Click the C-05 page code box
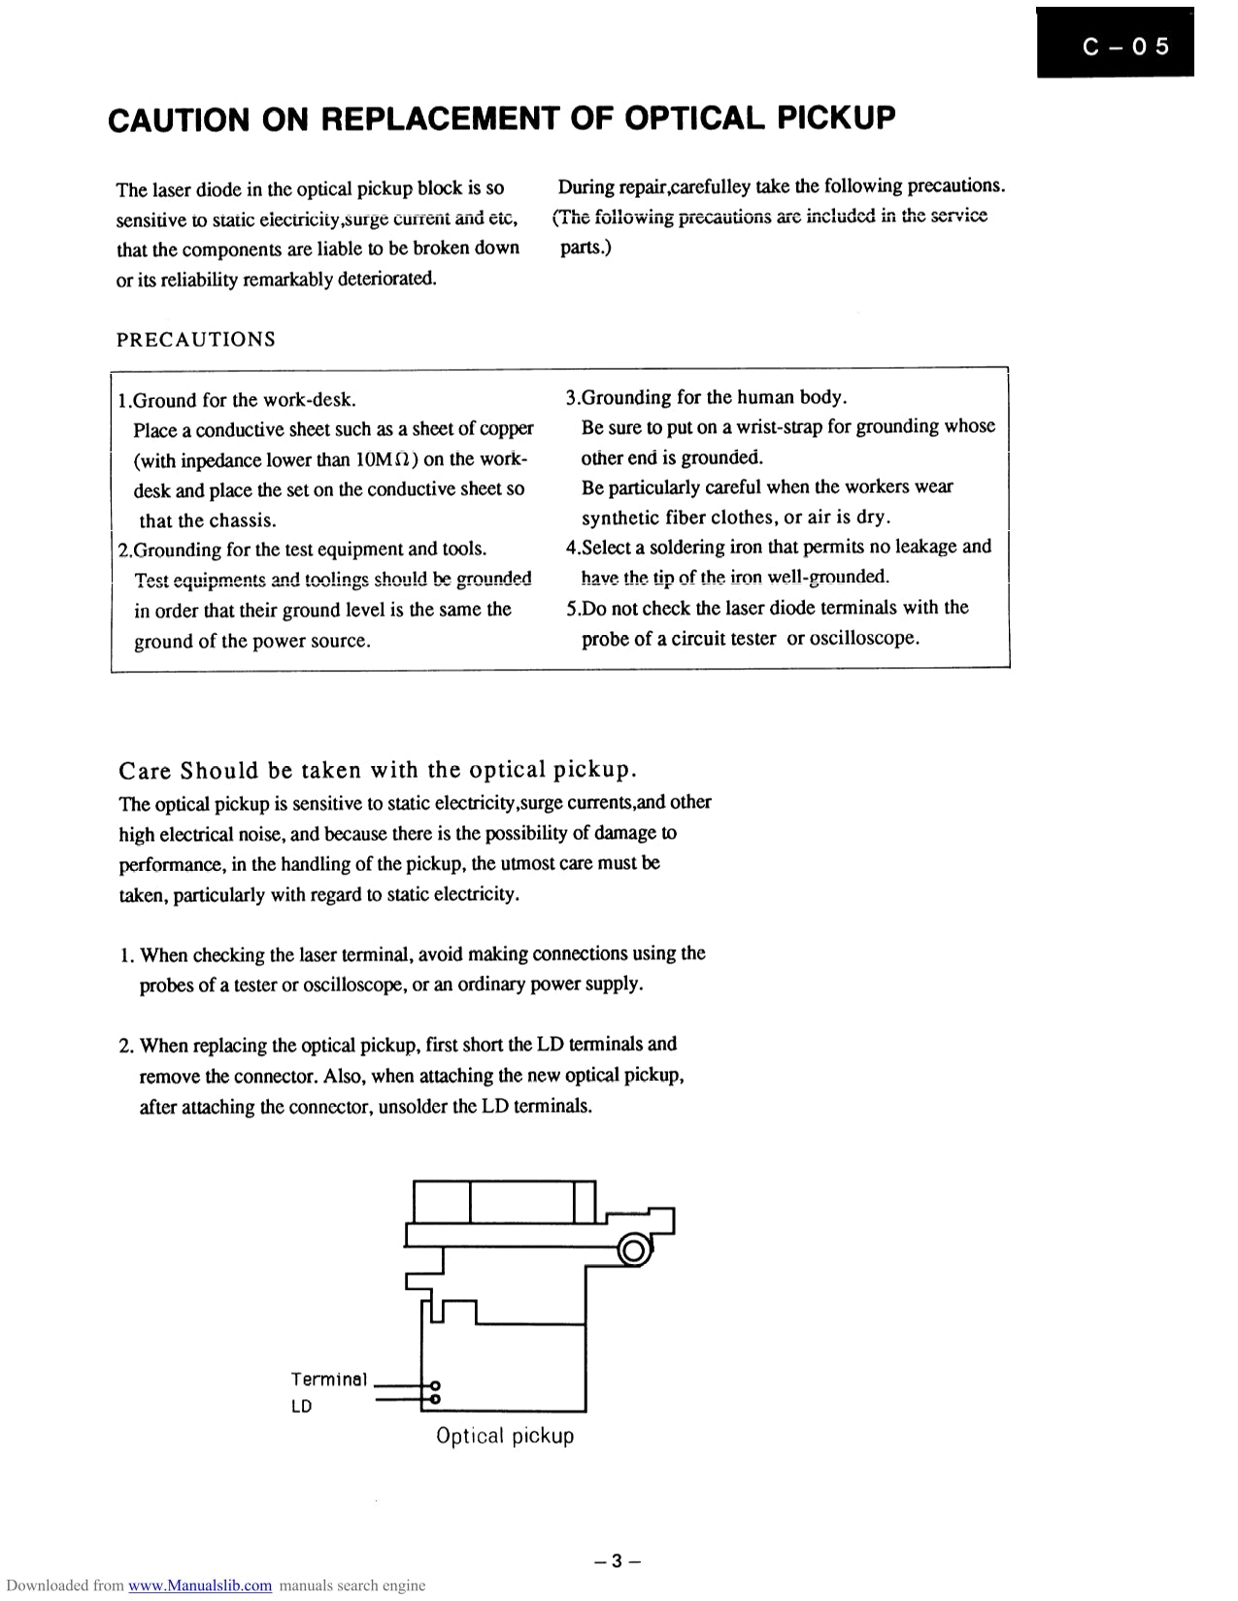click(1115, 44)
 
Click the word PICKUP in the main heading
click(833, 117)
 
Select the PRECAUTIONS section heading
click(196, 340)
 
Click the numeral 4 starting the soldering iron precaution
click(571, 548)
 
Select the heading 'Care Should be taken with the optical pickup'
click(377, 771)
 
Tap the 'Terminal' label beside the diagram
click(329, 1380)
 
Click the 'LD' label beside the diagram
click(301, 1406)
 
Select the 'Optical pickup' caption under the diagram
click(505, 1436)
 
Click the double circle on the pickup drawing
click(634, 1251)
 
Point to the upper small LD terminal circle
click(435, 1385)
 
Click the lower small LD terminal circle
click(435, 1399)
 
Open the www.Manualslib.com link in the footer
click(200, 1585)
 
